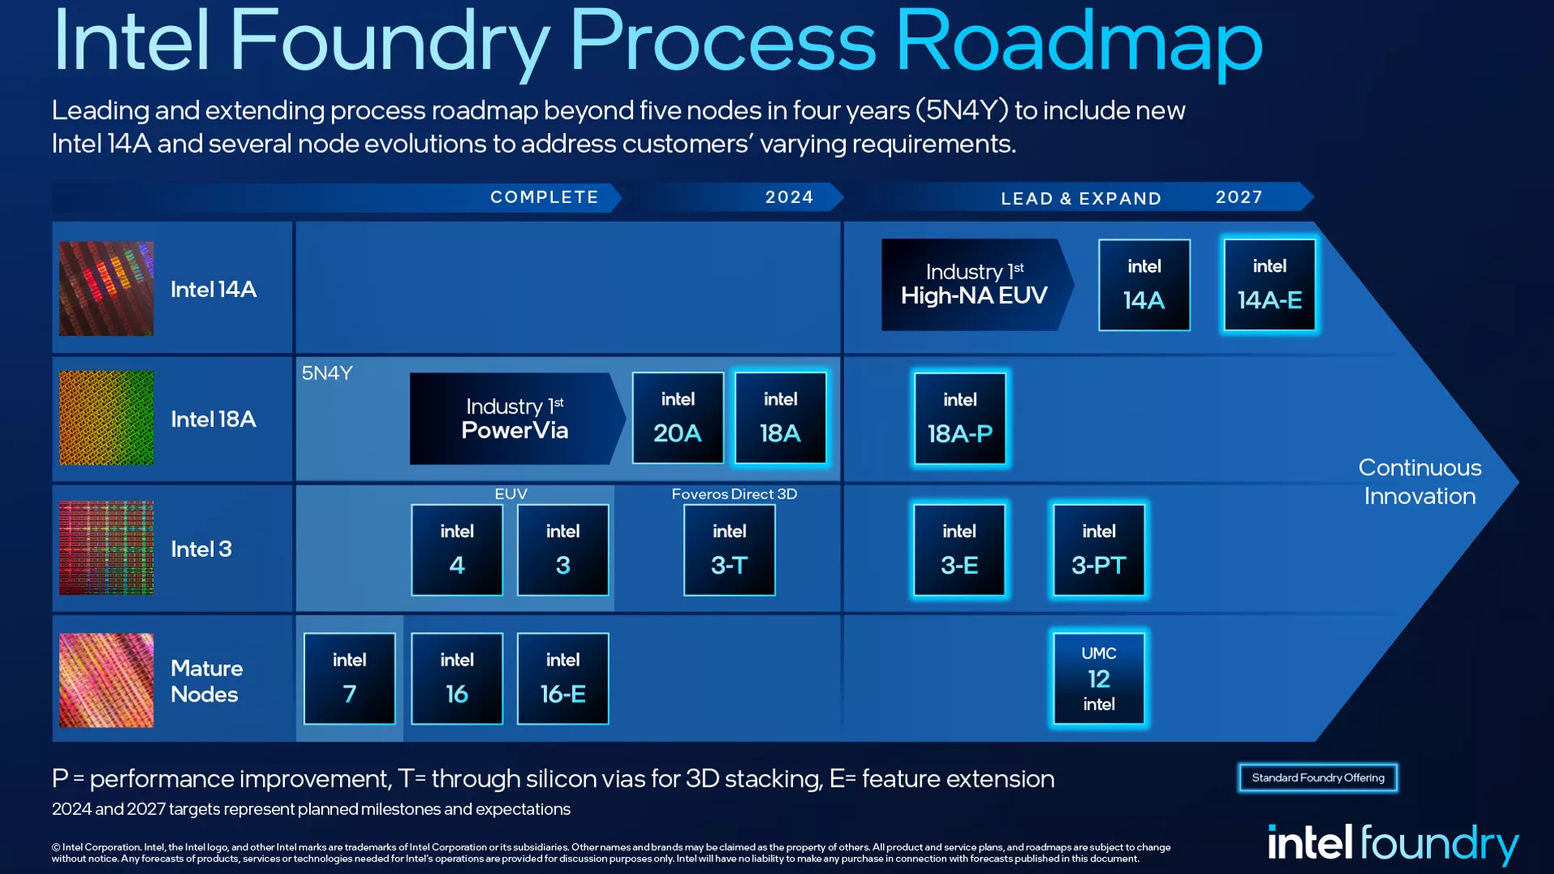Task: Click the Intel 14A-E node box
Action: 1269,285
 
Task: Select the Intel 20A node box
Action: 677,418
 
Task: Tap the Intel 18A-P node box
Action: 960,418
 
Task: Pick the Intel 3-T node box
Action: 729,549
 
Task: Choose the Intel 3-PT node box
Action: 1098,549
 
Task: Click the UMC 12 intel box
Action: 1098,678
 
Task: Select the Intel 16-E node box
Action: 563,678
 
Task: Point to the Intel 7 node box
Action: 350,678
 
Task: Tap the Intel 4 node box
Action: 456,549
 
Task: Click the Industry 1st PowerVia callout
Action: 515,418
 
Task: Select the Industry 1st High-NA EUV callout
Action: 974,285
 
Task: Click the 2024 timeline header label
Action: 789,197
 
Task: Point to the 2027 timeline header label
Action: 1238,197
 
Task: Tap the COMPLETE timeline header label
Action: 544,197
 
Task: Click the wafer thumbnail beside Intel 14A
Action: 106,289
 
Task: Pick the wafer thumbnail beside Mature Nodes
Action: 106,680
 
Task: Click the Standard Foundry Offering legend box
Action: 1318,778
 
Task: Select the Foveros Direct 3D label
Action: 734,494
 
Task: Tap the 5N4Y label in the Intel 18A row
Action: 327,373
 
